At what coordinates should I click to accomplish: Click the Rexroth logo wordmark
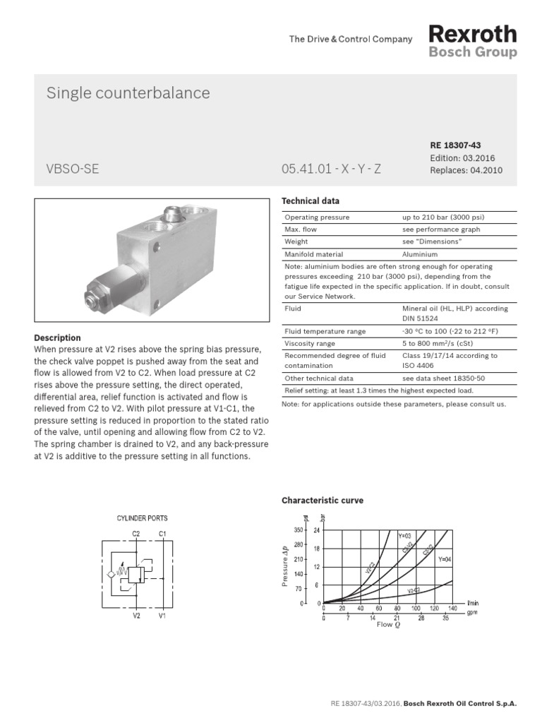point(473,34)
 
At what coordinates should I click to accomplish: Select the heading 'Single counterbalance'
point(128,93)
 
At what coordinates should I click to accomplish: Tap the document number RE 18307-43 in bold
point(455,145)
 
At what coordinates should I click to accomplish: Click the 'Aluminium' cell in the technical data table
point(420,254)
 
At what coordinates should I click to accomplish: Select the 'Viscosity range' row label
point(310,344)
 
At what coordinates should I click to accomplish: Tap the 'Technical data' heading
point(311,201)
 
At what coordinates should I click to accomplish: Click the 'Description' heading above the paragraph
point(57,337)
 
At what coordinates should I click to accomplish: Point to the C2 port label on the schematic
point(136,533)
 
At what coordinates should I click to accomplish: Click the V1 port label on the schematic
point(162,615)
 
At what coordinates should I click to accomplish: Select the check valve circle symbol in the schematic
point(111,574)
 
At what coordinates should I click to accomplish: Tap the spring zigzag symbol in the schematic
point(121,571)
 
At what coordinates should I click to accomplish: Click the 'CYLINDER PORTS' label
point(142,518)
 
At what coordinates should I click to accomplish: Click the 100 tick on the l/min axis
point(416,608)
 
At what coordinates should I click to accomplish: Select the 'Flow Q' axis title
point(387,624)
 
